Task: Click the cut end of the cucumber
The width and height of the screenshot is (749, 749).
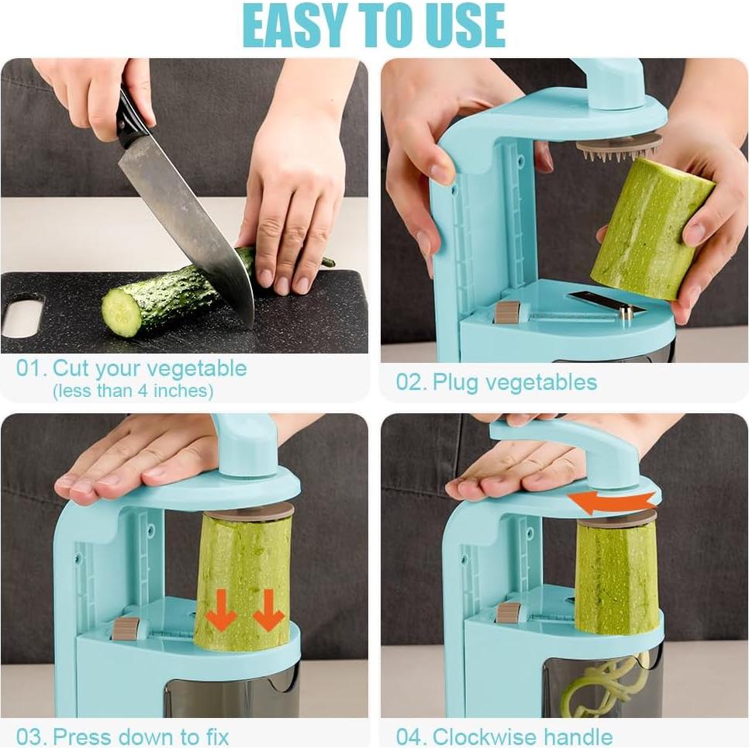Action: click(121, 311)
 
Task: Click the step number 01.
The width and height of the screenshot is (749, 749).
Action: click(30, 368)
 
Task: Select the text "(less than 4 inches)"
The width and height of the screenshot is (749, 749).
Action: click(133, 391)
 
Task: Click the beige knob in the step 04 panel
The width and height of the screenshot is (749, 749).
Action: click(509, 613)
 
